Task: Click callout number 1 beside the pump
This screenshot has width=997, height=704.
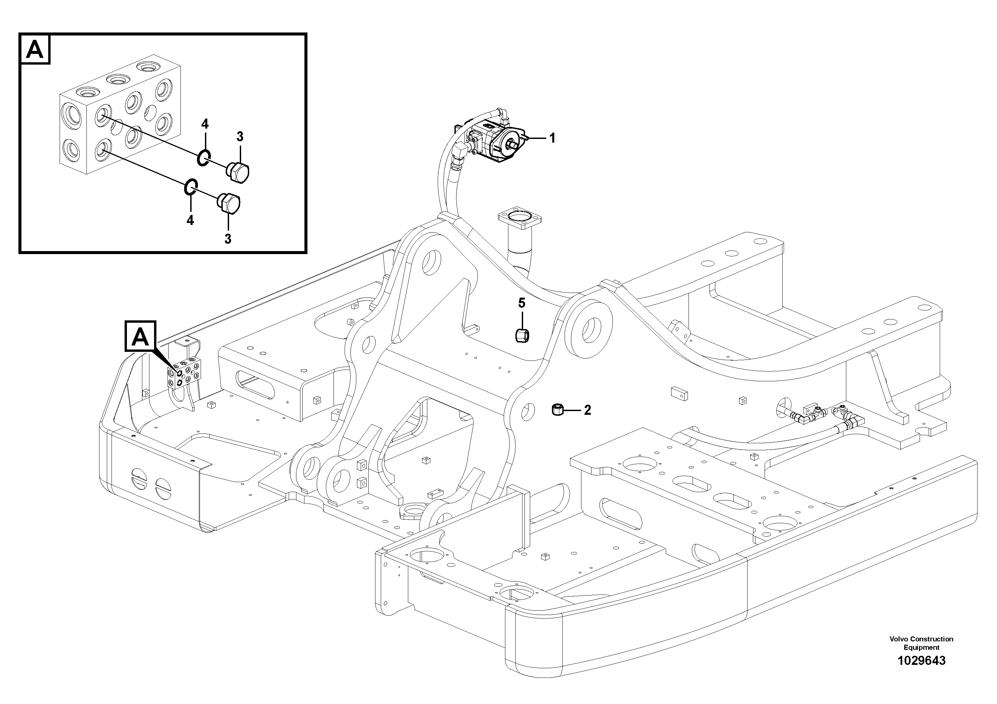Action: point(552,139)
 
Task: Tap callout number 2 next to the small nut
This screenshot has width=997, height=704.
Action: point(587,410)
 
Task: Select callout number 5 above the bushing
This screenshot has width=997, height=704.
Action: point(521,303)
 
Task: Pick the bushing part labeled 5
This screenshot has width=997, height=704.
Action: point(521,335)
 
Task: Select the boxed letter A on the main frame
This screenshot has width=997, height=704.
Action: point(140,336)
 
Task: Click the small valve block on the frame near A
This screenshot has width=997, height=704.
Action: point(185,372)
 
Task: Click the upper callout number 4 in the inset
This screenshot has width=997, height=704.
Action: point(205,124)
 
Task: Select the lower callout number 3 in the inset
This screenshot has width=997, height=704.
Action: point(227,238)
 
